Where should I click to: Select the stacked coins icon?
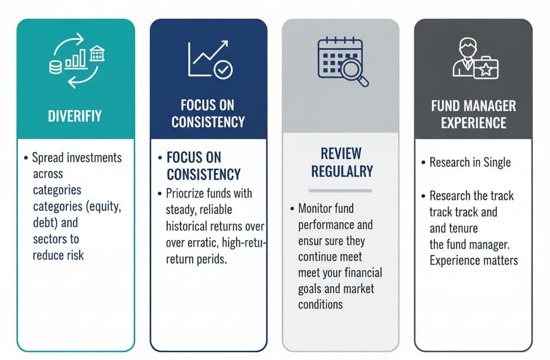point(56,67)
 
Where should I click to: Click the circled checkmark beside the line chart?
point(223,70)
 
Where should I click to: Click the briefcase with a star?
point(486,69)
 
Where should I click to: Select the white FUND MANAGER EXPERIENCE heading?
point(473,114)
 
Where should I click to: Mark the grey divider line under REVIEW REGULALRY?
point(340,190)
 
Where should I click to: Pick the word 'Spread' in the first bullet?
point(47,158)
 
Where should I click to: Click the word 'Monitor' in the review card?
point(317,208)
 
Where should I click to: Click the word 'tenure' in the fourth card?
point(463,228)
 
